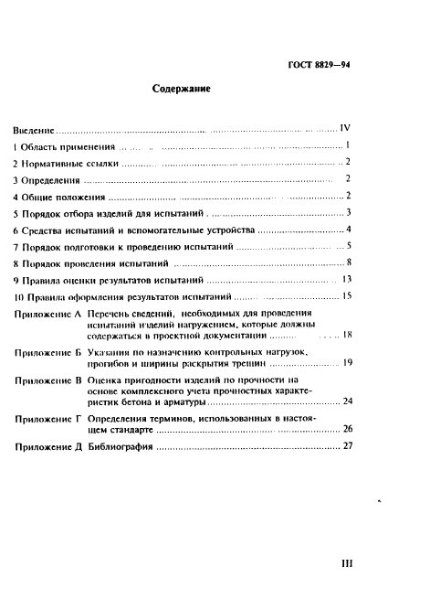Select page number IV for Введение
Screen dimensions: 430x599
tap(345, 129)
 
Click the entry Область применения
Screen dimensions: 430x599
tap(68, 145)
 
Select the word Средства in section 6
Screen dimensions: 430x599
tap(47, 230)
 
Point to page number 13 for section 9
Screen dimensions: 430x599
tap(346, 280)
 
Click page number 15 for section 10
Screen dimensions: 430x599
tap(346, 296)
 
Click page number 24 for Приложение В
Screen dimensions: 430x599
tap(346, 401)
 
